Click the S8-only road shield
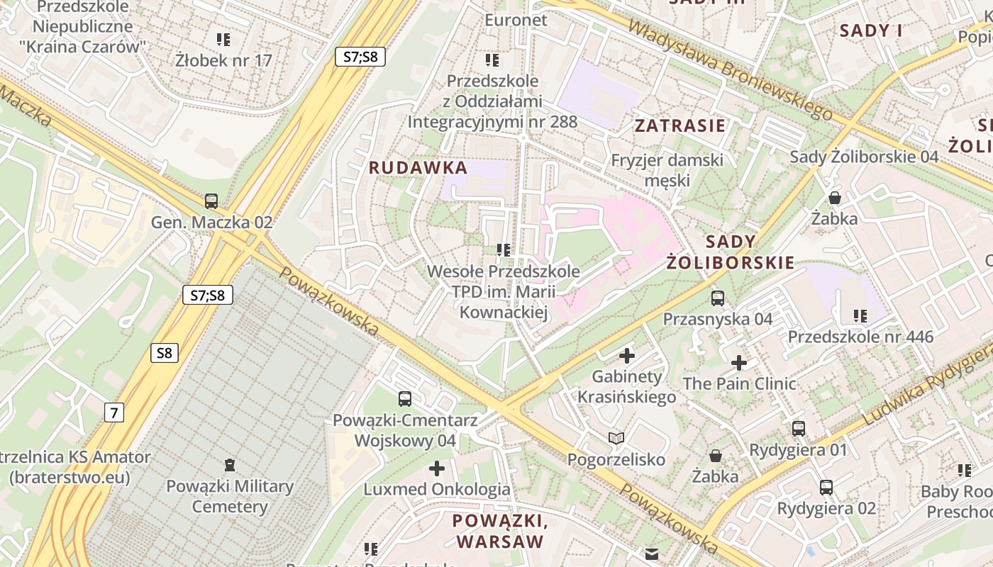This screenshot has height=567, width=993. click(x=164, y=353)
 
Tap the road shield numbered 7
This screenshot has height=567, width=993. click(x=113, y=412)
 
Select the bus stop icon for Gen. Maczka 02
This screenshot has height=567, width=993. click(x=211, y=201)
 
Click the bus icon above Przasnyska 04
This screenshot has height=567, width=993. click(x=718, y=298)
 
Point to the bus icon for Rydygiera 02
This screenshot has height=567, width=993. click(x=826, y=488)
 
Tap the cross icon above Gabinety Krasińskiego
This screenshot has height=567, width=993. click(x=627, y=356)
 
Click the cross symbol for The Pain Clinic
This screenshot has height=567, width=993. click(x=739, y=363)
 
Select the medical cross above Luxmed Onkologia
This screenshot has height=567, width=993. click(x=437, y=468)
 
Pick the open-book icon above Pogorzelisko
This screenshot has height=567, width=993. click(x=616, y=439)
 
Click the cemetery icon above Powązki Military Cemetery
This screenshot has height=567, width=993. click(x=229, y=465)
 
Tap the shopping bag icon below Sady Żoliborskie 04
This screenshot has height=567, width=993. click(x=835, y=197)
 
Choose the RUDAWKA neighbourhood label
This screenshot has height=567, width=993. click(x=418, y=168)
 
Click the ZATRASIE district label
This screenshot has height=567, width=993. click(x=679, y=126)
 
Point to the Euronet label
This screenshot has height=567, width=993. click(x=516, y=20)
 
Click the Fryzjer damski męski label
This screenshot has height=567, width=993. click(x=667, y=169)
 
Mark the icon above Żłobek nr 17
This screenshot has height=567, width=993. click(x=223, y=40)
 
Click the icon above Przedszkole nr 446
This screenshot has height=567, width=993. click(x=860, y=316)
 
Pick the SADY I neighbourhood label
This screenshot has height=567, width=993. click(x=871, y=30)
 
